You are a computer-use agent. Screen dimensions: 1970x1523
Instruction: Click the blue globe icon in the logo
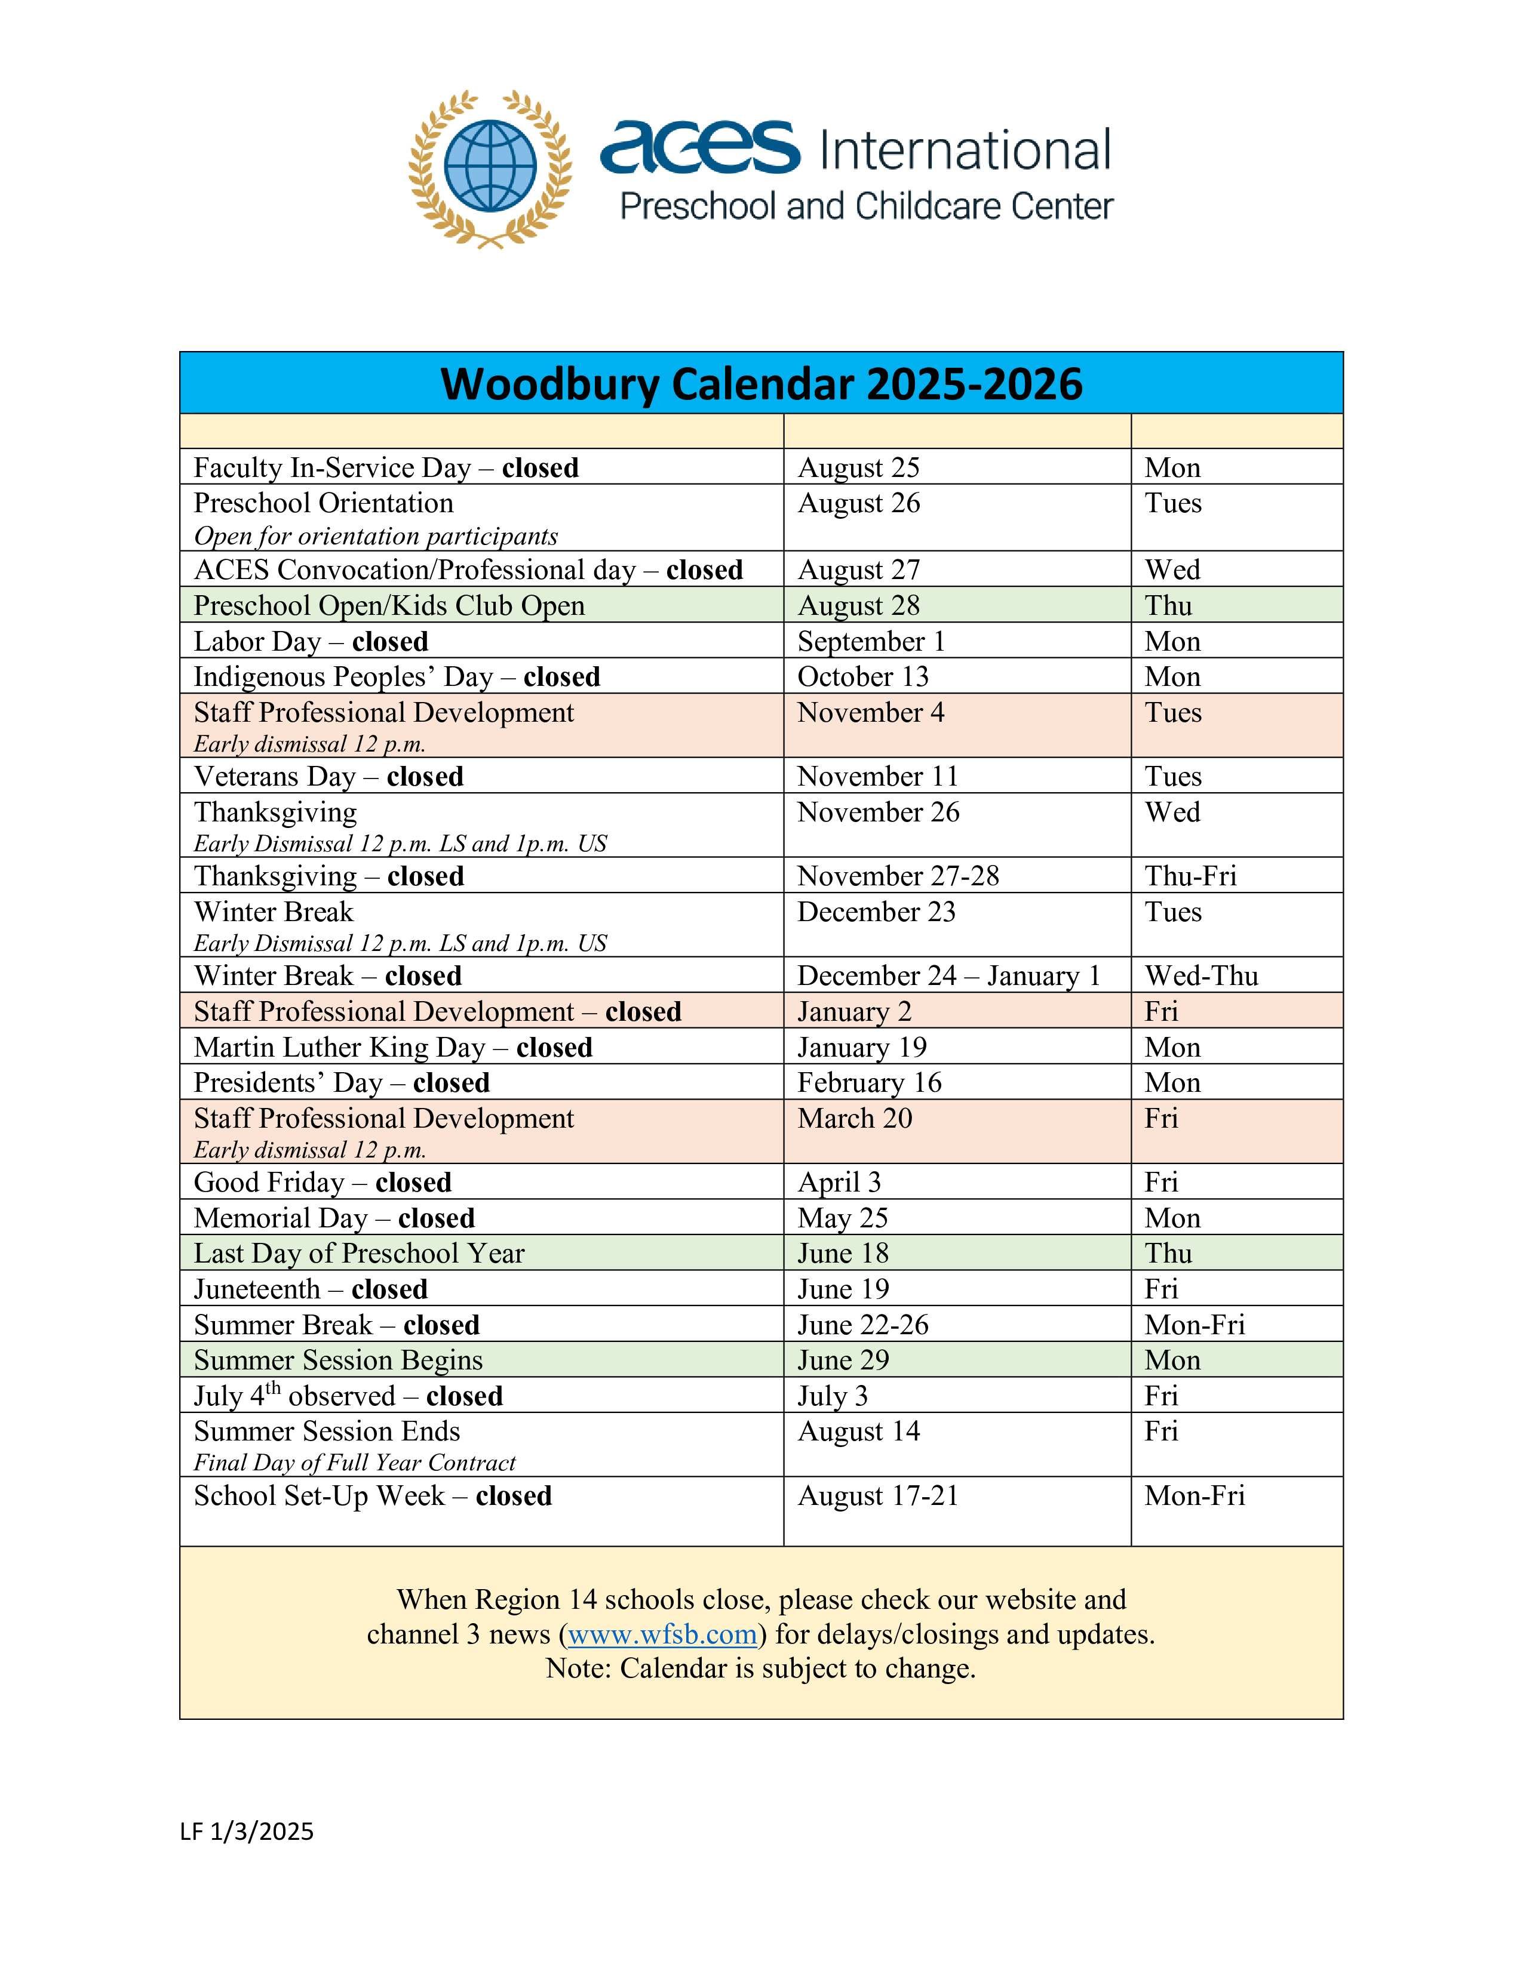click(490, 167)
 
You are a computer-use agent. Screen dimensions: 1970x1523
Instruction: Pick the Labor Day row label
click(311, 641)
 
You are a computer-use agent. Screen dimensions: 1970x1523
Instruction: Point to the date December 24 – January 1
click(948, 976)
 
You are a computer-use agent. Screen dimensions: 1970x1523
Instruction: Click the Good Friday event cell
click(322, 1181)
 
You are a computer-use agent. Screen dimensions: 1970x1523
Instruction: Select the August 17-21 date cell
click(877, 1495)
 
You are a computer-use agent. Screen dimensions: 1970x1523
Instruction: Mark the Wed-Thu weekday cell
click(1201, 976)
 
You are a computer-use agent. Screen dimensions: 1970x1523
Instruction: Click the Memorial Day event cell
click(334, 1218)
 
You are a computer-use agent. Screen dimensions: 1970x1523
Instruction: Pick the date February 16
click(869, 1082)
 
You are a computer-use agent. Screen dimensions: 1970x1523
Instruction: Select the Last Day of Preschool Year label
click(358, 1253)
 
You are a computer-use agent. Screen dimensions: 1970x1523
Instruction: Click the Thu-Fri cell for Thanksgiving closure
click(1190, 876)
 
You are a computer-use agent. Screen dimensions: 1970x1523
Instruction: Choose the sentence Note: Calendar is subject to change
click(760, 1668)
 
